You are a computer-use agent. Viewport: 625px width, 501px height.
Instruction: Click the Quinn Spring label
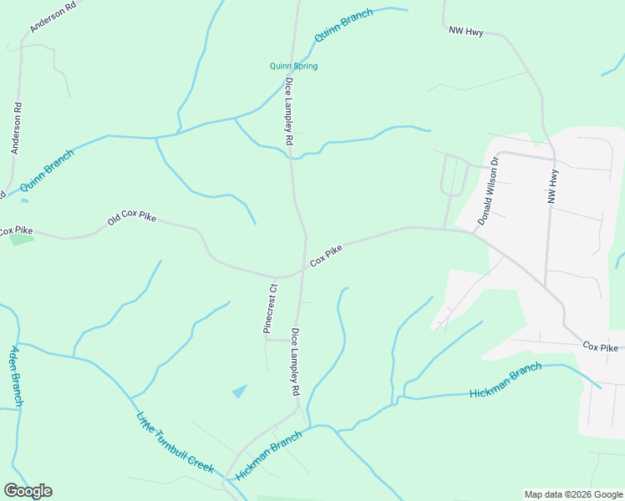[293, 66]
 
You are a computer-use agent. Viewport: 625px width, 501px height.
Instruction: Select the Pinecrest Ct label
[270, 309]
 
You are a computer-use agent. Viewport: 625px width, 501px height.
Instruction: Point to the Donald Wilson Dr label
[488, 190]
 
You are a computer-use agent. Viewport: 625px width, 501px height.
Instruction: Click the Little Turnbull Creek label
[176, 443]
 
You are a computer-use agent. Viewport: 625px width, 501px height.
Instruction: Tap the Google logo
[28, 491]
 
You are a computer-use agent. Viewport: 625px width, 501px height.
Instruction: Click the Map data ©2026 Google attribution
[573, 494]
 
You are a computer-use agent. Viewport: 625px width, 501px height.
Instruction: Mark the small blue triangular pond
[241, 390]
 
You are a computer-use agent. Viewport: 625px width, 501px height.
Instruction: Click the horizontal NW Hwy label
[466, 32]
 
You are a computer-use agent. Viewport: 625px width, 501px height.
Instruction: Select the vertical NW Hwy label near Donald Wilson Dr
[551, 186]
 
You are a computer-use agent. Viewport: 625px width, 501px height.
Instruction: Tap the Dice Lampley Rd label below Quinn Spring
[289, 113]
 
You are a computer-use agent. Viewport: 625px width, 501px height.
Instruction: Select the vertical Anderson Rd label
[16, 128]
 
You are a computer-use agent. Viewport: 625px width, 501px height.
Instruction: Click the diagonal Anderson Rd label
[52, 16]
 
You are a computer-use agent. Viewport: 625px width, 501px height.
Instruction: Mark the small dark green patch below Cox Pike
[22, 240]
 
